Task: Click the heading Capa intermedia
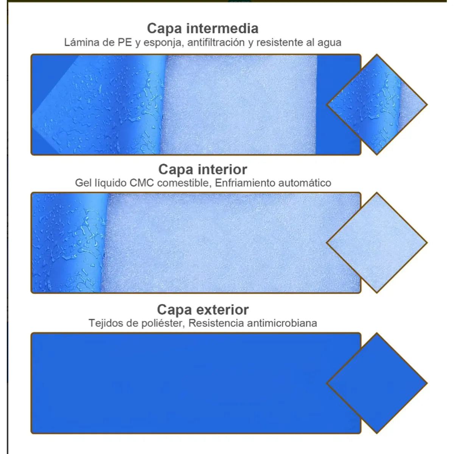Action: (203, 28)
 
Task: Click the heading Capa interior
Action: (203, 169)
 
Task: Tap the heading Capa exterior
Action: (203, 309)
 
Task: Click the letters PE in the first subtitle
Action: (124, 42)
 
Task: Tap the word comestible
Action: (184, 183)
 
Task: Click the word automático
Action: (305, 183)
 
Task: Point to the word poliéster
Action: (163, 323)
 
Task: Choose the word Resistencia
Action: (216, 323)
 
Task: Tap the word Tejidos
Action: (106, 323)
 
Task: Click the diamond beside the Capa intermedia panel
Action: (377, 104)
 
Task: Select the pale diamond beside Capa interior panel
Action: (377, 243)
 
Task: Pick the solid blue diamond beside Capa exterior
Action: (377, 383)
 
